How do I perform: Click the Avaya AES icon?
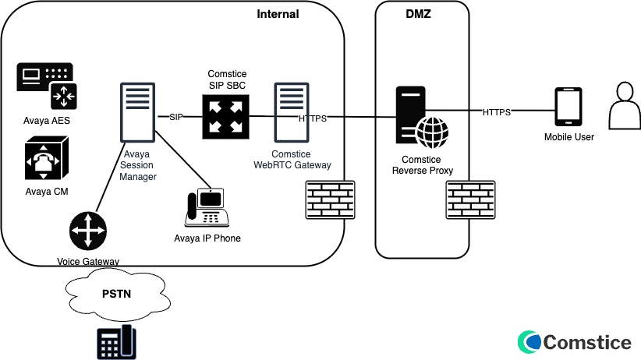pyautogui.click(x=46, y=86)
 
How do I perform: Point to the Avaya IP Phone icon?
pyautogui.click(x=206, y=206)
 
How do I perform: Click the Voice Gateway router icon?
pyautogui.click(x=87, y=232)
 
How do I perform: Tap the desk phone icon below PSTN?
pyautogui.click(x=115, y=343)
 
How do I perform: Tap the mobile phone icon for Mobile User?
pyautogui.click(x=568, y=107)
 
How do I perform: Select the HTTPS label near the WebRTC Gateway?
pyautogui.click(x=313, y=118)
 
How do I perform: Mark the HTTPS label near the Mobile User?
pyautogui.click(x=496, y=112)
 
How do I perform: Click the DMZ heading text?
pyautogui.click(x=420, y=14)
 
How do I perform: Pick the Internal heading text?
pyautogui.click(x=278, y=14)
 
